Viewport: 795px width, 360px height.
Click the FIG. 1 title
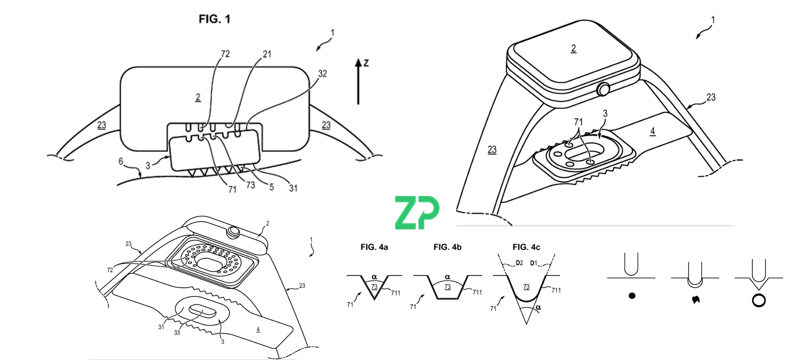pyautogui.click(x=214, y=19)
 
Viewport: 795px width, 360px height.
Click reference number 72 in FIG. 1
pyautogui.click(x=225, y=54)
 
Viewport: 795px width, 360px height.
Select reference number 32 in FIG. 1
pyautogui.click(x=323, y=74)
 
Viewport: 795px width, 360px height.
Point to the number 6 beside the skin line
pyautogui.click(x=121, y=161)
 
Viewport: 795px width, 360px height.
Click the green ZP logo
pyautogui.click(x=417, y=213)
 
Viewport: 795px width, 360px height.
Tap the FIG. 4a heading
pyautogui.click(x=374, y=247)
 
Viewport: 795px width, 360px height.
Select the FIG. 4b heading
pyautogui.click(x=447, y=247)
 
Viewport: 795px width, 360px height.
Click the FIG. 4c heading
pyautogui.click(x=526, y=247)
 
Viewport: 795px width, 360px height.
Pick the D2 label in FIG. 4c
pyautogui.click(x=519, y=263)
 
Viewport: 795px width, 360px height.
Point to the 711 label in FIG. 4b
pyautogui.click(x=477, y=292)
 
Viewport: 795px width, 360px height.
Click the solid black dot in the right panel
pyautogui.click(x=632, y=296)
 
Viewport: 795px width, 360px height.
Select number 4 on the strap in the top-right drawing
pyautogui.click(x=652, y=131)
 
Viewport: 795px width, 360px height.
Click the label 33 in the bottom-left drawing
pyautogui.click(x=177, y=333)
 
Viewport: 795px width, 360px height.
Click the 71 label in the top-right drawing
pyautogui.click(x=578, y=122)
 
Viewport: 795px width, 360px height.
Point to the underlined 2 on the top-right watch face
pyautogui.click(x=573, y=48)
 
